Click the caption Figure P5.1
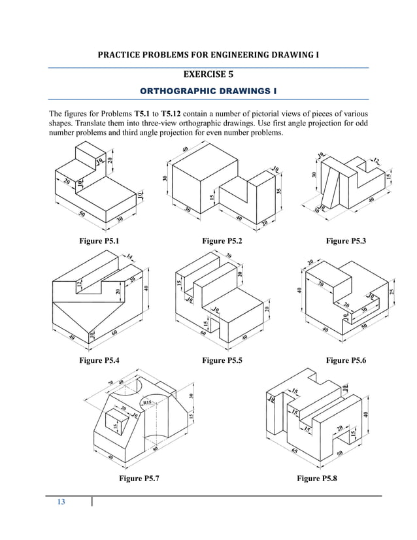(99, 241)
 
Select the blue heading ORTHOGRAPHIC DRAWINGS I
(208, 90)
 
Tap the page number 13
(61, 502)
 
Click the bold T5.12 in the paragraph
(167, 112)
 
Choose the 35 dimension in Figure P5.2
(280, 192)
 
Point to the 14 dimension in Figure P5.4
(129, 257)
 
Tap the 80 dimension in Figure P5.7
(155, 450)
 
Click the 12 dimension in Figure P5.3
(376, 160)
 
